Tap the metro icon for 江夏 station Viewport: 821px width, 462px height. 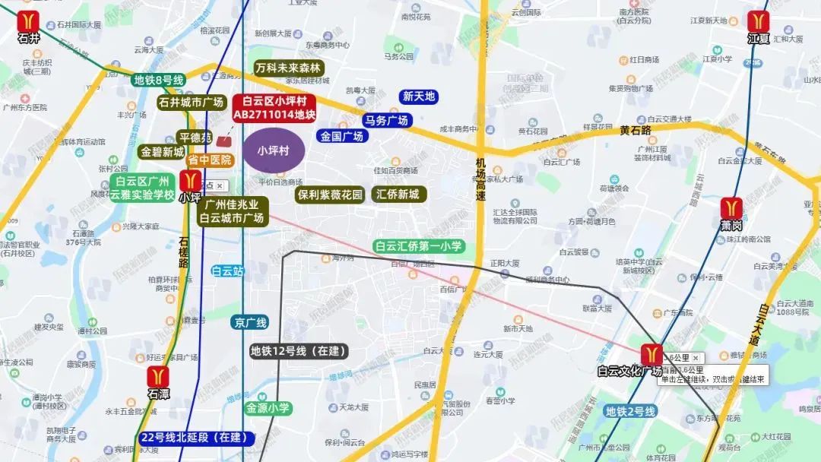coord(759,21)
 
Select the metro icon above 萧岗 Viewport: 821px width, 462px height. coord(732,207)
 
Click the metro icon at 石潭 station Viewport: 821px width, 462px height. coord(159,377)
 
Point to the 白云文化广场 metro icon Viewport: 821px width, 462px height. coord(651,354)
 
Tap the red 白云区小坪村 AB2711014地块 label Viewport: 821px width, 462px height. coord(274,107)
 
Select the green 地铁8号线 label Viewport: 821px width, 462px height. coord(159,80)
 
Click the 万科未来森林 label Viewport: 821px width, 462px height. coord(289,68)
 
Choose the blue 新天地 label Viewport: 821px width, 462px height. coord(419,97)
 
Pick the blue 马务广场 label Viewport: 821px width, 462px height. coord(386,120)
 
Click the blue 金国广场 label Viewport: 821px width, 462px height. coord(342,137)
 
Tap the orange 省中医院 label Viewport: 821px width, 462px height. coord(210,160)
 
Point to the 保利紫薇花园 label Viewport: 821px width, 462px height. coord(330,195)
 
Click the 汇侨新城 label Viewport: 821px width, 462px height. coord(398,195)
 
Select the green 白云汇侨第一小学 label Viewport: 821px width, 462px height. coord(419,246)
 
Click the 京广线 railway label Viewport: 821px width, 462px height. coord(250,322)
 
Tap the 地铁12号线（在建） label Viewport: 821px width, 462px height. coord(299,351)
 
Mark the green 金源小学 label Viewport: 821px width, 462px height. coord(268,408)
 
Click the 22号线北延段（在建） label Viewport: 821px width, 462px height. coord(197,438)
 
